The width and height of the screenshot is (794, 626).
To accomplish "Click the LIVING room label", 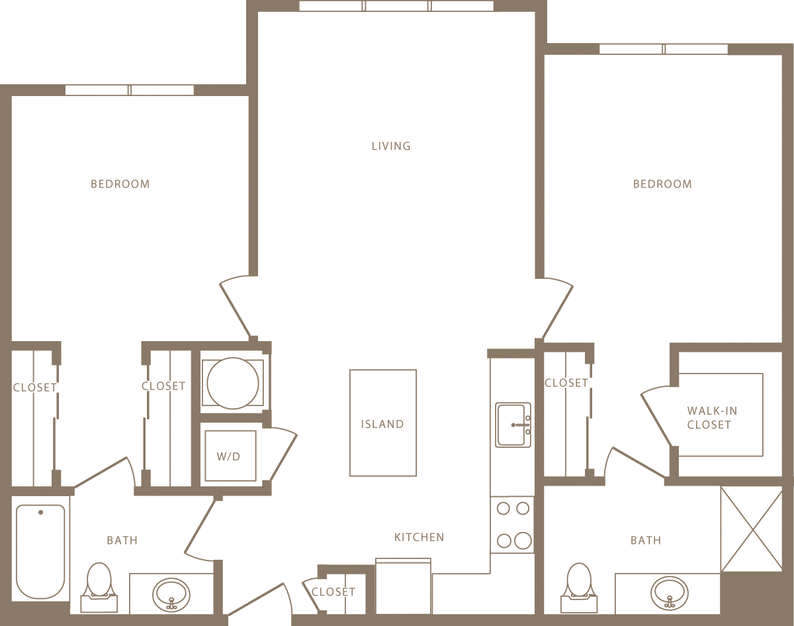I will [391, 146].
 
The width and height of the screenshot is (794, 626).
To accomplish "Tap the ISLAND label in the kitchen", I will [382, 424].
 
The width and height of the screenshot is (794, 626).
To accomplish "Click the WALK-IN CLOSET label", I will [712, 417].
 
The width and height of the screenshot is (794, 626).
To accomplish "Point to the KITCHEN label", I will [419, 537].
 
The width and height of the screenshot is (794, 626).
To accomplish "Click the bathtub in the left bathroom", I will [40, 551].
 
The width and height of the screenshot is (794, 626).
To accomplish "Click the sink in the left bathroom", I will [171, 594].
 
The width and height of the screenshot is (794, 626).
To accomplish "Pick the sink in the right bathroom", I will [670, 592].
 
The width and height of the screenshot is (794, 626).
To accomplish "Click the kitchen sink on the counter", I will [513, 425].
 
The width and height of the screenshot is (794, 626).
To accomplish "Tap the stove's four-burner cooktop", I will [513, 525].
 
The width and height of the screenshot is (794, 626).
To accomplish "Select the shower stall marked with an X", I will [751, 529].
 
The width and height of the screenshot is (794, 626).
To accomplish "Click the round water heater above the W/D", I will [232, 383].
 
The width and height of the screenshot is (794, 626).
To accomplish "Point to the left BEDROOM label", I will [120, 184].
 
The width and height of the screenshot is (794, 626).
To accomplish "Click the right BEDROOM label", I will [662, 184].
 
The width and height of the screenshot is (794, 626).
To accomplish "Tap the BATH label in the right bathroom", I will [646, 541].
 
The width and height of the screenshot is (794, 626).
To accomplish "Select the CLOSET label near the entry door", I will [333, 592].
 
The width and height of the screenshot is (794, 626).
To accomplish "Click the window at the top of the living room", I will [396, 6].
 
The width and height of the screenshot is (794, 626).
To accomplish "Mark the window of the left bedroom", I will [130, 90].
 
